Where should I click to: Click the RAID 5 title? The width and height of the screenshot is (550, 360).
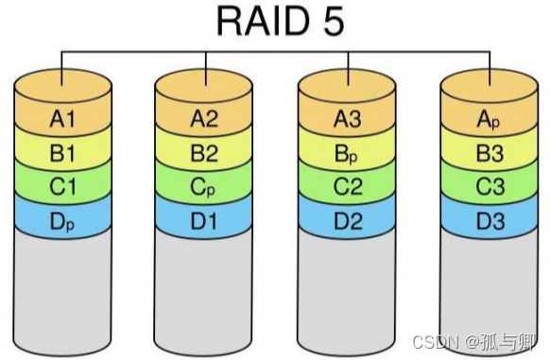coord(274,23)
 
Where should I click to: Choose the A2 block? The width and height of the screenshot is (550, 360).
coord(203,120)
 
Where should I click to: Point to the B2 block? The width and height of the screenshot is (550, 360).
coord(203,150)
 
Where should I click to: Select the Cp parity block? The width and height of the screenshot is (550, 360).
coord(203,186)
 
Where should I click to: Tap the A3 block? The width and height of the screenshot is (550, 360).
coord(347,120)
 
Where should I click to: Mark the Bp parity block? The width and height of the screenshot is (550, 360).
coord(347,150)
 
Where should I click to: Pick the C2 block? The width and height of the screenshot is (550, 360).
coord(347,186)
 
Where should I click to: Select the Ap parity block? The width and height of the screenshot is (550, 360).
coord(489,120)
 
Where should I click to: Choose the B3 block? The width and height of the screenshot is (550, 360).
coord(489,150)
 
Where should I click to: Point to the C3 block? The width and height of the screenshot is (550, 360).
coord(489,186)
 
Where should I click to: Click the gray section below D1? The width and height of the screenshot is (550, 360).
coord(203,283)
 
